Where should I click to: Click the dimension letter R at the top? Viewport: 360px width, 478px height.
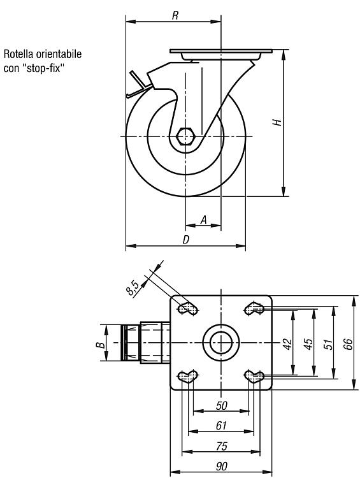tap(175, 15)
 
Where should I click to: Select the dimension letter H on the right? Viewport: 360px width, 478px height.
tap(277, 122)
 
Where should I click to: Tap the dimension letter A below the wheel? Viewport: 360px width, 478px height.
tap(204, 219)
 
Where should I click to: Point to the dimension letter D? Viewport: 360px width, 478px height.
tap(186, 240)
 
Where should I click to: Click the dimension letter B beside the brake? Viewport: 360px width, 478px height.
tap(101, 345)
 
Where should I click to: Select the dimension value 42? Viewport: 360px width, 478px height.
tap(287, 344)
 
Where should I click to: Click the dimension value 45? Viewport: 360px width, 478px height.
tap(308, 344)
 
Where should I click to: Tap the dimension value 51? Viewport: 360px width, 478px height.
tap(328, 344)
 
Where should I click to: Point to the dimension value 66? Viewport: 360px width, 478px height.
tap(348, 344)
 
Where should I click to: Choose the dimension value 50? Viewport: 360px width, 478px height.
tap(222, 405)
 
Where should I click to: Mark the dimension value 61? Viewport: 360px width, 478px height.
tap(221, 426)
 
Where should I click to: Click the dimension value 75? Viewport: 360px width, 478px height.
tap(222, 446)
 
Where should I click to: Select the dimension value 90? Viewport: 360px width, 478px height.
tap(222, 467)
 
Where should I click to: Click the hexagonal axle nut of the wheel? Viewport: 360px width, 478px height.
tap(185, 136)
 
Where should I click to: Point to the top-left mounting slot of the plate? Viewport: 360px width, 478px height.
tap(188, 308)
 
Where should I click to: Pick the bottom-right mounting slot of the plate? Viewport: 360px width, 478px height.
tap(254, 377)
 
